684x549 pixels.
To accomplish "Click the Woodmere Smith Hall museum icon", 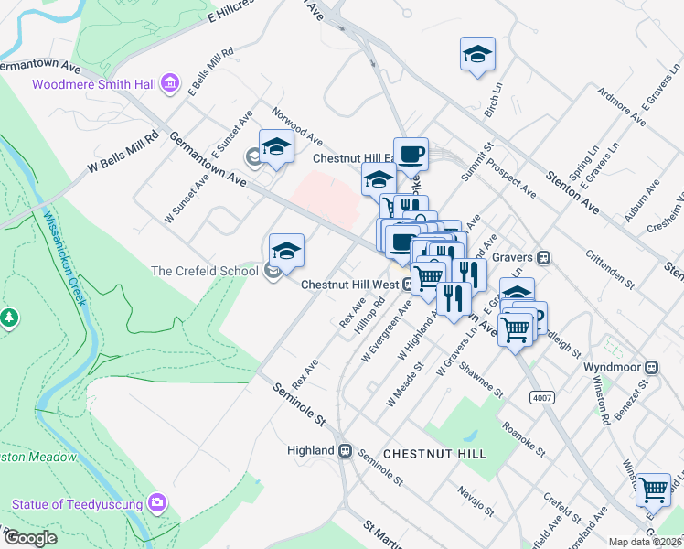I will tap(169, 85).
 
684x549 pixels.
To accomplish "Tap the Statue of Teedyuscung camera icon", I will tap(158, 502).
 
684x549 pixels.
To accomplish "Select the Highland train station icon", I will tap(346, 450).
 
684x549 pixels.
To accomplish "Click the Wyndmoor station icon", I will tap(651, 367).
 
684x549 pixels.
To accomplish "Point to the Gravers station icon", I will tap(543, 258).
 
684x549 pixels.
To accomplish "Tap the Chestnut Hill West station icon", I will tap(407, 284).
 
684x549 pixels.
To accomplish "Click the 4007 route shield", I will tap(541, 396).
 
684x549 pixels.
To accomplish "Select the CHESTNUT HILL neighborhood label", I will tap(433, 454).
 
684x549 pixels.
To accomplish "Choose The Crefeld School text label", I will tap(205, 271).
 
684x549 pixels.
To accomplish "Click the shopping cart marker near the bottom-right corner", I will tap(653, 490).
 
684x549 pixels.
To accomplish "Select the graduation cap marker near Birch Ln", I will tap(477, 56).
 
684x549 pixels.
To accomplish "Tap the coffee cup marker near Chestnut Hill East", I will tap(411, 153).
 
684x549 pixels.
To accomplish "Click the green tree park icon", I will tap(9, 318).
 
